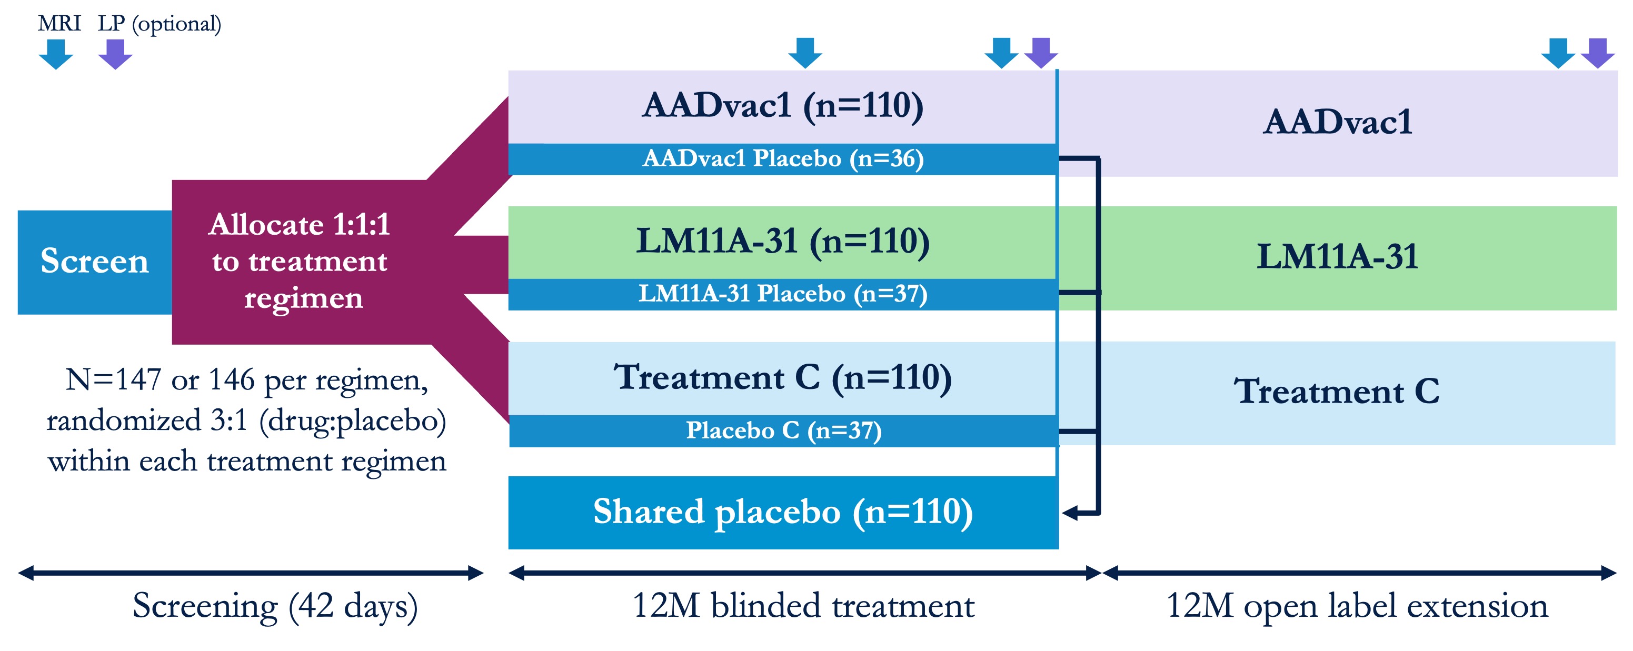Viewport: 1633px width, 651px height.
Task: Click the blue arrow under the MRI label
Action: tap(56, 54)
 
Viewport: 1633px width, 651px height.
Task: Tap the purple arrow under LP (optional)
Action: tap(115, 54)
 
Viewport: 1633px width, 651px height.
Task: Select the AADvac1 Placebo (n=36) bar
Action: tap(783, 159)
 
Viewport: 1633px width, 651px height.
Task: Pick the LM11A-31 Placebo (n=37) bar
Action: tap(783, 294)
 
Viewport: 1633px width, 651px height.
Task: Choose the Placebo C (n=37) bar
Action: tap(783, 431)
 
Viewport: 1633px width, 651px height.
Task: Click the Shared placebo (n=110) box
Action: tap(783, 512)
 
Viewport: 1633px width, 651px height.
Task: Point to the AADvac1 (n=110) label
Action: tap(783, 105)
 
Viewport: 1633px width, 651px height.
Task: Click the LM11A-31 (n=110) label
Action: tap(783, 242)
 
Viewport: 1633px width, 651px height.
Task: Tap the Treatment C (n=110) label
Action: tap(783, 377)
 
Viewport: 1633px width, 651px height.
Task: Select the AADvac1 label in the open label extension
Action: tap(1338, 122)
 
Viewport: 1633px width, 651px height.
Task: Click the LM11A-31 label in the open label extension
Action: tap(1338, 257)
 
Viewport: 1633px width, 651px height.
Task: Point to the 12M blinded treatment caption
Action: tap(803, 606)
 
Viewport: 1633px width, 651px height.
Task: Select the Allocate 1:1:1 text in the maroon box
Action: tap(299, 224)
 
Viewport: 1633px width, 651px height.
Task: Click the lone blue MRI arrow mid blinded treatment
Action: tap(805, 53)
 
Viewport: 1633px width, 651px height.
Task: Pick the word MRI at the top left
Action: tap(59, 24)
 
